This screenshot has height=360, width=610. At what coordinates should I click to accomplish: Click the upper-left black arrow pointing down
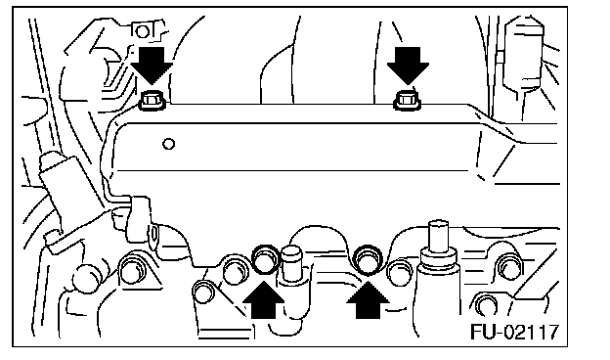pyautogui.click(x=152, y=66)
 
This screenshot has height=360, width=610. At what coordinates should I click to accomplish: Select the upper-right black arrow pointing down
pyautogui.click(x=408, y=66)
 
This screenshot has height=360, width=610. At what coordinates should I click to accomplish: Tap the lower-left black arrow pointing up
pyautogui.click(x=264, y=299)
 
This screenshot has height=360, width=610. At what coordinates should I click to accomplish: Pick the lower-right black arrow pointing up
pyautogui.click(x=368, y=299)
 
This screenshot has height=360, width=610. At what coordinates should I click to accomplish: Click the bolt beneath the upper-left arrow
pyautogui.click(x=152, y=101)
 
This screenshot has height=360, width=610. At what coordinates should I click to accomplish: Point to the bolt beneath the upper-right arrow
pyautogui.click(x=407, y=101)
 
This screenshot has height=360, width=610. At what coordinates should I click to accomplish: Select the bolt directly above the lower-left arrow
pyautogui.click(x=266, y=259)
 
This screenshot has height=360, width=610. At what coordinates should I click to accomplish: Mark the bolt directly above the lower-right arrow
pyautogui.click(x=368, y=259)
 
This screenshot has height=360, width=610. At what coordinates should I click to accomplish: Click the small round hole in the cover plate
pyautogui.click(x=168, y=144)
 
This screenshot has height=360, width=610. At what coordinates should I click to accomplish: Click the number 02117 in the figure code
pyautogui.click(x=532, y=332)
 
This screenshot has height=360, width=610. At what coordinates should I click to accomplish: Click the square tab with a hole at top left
pyautogui.click(x=143, y=31)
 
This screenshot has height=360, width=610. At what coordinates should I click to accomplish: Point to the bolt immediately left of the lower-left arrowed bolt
pyautogui.click(x=236, y=269)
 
